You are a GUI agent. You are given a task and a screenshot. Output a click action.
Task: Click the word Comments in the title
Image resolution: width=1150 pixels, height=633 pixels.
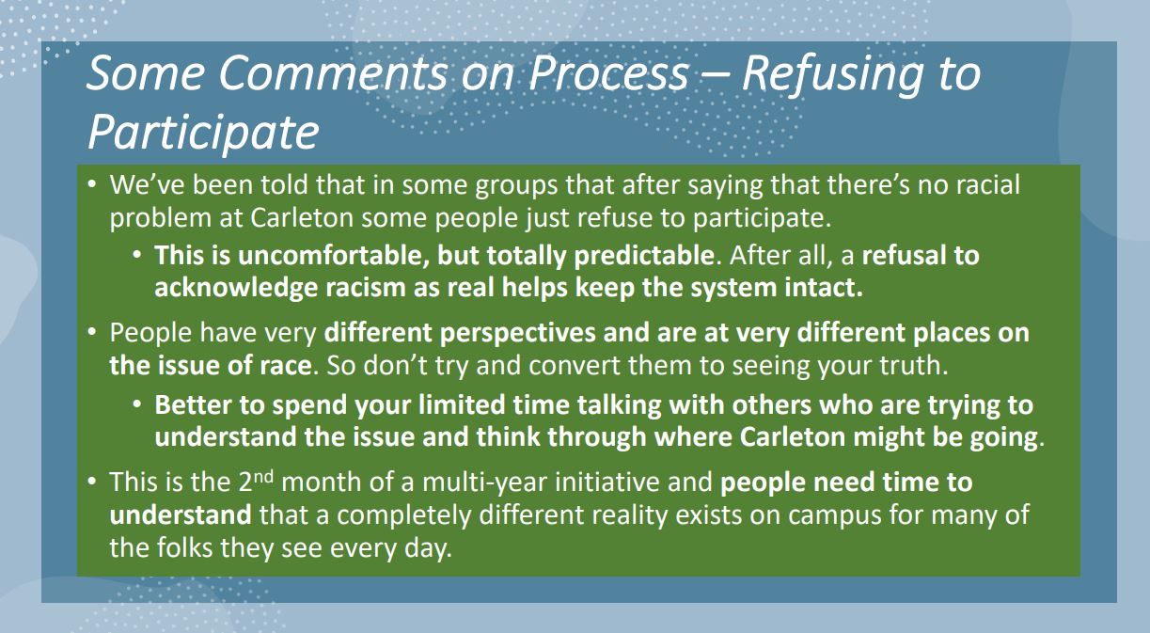[x=333, y=73]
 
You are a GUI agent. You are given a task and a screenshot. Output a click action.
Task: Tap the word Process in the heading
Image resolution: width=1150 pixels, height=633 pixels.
[x=609, y=73]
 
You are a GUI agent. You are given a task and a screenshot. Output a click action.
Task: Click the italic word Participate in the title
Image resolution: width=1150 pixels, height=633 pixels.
[x=204, y=133]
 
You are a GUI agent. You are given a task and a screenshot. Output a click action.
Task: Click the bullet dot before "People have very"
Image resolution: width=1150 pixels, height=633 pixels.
[x=92, y=333]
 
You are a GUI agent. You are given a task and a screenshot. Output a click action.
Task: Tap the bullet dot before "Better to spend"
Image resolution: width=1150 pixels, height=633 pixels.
[x=137, y=405]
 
